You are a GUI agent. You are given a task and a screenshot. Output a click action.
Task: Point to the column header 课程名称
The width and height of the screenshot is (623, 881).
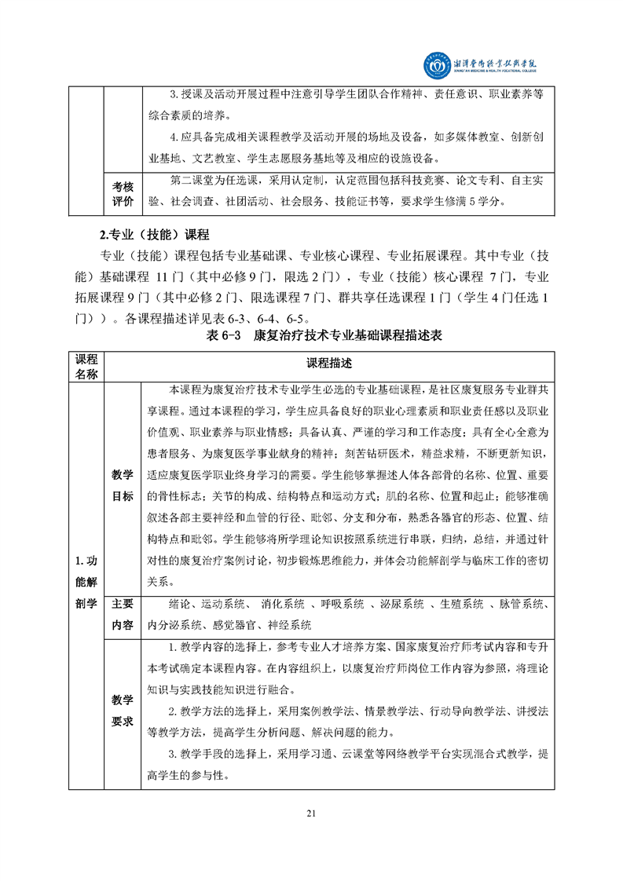pyautogui.click(x=86, y=364)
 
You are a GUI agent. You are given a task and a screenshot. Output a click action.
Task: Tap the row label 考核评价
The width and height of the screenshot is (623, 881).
pyautogui.click(x=122, y=194)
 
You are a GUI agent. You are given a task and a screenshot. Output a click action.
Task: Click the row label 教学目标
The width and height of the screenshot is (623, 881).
pyautogui.click(x=122, y=486)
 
